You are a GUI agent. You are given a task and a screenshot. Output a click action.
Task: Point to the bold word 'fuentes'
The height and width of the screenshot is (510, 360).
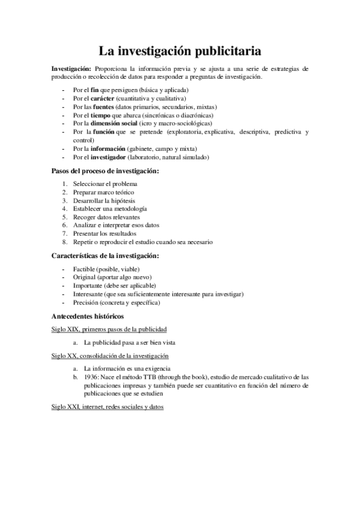point(104,106)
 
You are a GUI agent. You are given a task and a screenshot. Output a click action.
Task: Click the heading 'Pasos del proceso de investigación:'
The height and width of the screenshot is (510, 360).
point(106,171)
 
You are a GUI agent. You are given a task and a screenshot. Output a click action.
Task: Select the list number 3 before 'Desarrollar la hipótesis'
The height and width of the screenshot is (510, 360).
point(64,200)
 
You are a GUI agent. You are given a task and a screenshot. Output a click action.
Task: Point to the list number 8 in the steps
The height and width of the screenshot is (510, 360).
point(64,242)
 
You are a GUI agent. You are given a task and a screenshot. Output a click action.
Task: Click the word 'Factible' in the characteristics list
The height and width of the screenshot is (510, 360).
point(84,269)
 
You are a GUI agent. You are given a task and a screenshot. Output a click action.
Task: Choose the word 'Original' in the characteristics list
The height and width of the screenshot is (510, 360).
point(84,277)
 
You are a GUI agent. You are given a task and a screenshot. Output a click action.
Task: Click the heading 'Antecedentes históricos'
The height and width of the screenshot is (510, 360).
point(88,316)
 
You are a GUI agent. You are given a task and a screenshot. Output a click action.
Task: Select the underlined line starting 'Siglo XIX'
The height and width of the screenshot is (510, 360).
point(109,330)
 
